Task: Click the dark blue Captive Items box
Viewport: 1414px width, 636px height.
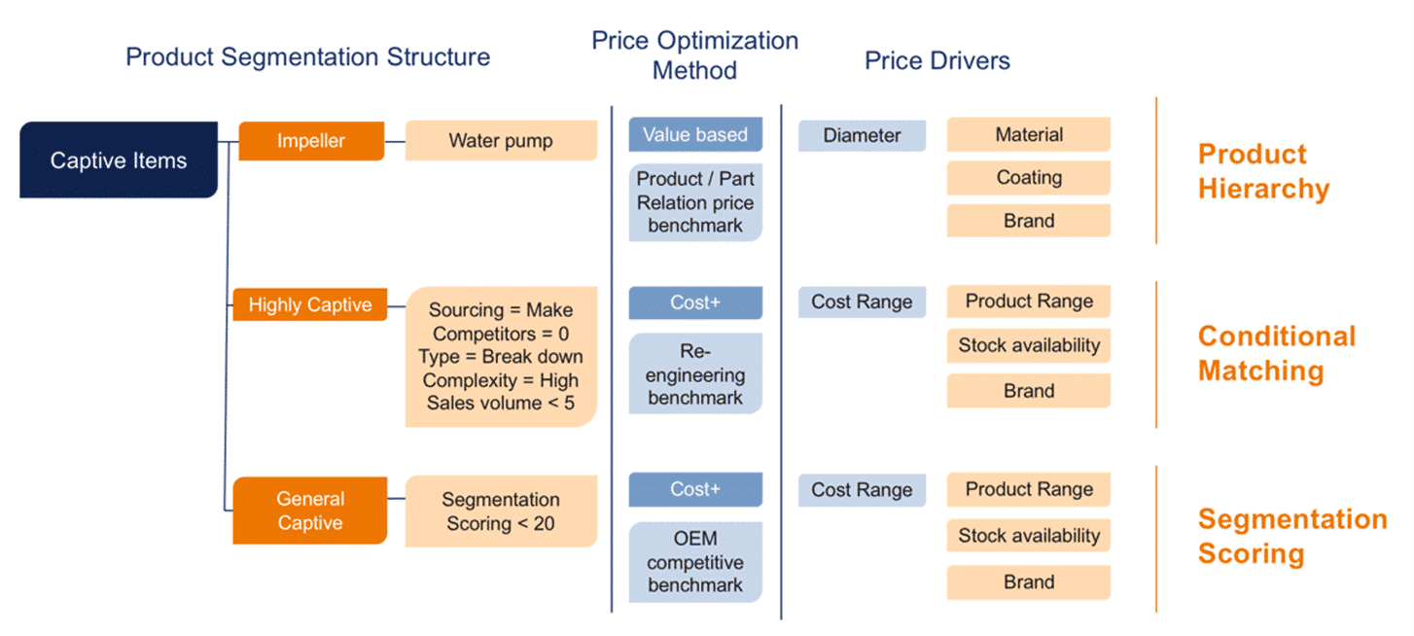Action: pyautogui.click(x=119, y=160)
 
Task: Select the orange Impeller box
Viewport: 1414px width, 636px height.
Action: pyautogui.click(x=311, y=141)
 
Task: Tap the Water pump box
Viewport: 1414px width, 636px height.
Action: pyautogui.click(x=501, y=141)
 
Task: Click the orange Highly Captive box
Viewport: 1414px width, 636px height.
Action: pyautogui.click(x=310, y=304)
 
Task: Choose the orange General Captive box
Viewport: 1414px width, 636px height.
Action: pyautogui.click(x=310, y=511)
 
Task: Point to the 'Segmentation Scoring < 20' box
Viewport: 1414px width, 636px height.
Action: pyautogui.click(x=501, y=512)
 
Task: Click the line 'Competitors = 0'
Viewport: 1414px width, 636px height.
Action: pyautogui.click(x=501, y=334)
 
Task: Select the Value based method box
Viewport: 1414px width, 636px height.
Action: pyautogui.click(x=695, y=135)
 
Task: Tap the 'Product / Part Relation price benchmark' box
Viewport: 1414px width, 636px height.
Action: pyautogui.click(x=695, y=202)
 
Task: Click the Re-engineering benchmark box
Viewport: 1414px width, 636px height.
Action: pyautogui.click(x=695, y=374)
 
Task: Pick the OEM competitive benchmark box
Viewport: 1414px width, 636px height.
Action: pyautogui.click(x=695, y=562)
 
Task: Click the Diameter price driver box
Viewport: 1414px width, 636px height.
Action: pyautogui.click(x=862, y=136)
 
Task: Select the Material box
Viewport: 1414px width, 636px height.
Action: pyautogui.click(x=1029, y=135)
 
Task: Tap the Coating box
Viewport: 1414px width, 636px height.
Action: pyautogui.click(x=1029, y=178)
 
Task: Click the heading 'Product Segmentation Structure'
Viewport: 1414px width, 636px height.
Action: pyautogui.click(x=307, y=56)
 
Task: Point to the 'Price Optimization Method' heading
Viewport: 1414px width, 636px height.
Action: pyautogui.click(x=695, y=55)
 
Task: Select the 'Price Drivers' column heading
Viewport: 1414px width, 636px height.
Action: pyautogui.click(x=937, y=60)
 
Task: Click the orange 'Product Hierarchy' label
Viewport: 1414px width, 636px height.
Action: pyautogui.click(x=1262, y=171)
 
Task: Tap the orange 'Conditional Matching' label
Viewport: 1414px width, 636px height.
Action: pyautogui.click(x=1276, y=353)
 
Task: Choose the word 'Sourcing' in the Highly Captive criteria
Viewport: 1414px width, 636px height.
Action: pyautogui.click(x=464, y=310)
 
